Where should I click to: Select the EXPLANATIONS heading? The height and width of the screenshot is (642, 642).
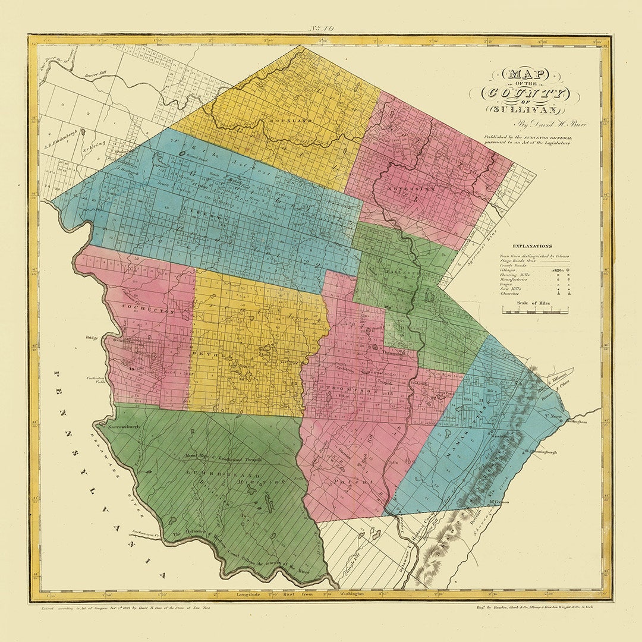(533, 246)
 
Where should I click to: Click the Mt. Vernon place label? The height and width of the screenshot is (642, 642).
(499, 502)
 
